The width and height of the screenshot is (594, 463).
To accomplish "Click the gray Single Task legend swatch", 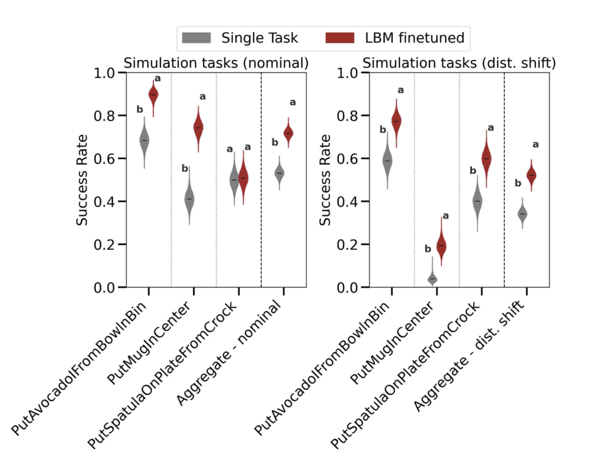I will [x=197, y=38].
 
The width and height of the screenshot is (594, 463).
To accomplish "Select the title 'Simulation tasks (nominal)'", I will [x=216, y=63].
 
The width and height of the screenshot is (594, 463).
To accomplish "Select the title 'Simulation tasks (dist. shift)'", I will [x=459, y=63].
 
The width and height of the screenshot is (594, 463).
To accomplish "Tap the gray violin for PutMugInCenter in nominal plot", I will [x=189, y=199].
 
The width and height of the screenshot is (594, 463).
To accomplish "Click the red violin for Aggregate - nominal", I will [x=288, y=133].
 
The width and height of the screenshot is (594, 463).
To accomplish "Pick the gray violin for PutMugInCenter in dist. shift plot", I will [x=432, y=278].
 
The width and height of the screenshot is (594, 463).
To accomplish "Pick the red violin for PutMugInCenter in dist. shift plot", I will [x=441, y=246].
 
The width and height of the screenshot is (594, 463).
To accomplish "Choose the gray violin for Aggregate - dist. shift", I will [x=522, y=213].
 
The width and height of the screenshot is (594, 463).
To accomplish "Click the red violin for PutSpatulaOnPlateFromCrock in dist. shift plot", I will [x=486, y=158].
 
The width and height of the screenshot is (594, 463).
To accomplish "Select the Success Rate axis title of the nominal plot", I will [x=82, y=180].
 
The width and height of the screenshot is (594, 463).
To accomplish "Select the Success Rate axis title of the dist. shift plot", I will [x=326, y=180].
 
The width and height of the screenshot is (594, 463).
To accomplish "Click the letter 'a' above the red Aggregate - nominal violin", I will [x=293, y=102].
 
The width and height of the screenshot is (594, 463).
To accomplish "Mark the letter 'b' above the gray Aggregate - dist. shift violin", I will [x=517, y=183].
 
